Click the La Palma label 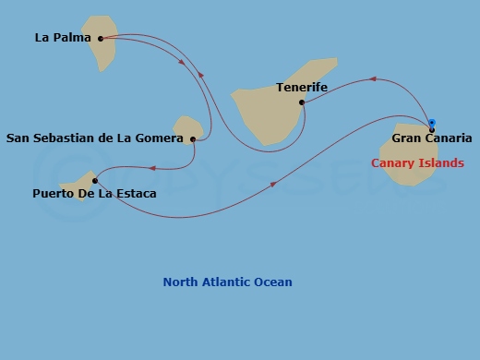point(63,38)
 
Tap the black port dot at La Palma point(101,39)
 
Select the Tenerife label point(302,88)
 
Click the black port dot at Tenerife point(302,102)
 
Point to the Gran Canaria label point(432,138)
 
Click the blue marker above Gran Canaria point(431,123)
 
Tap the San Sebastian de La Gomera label point(95,139)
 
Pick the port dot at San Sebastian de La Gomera point(193,139)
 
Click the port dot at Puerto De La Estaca point(94,181)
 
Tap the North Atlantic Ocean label point(227,282)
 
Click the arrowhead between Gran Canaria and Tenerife point(373,79)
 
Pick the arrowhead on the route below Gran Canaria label point(273,185)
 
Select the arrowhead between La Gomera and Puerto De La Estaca point(151,168)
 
